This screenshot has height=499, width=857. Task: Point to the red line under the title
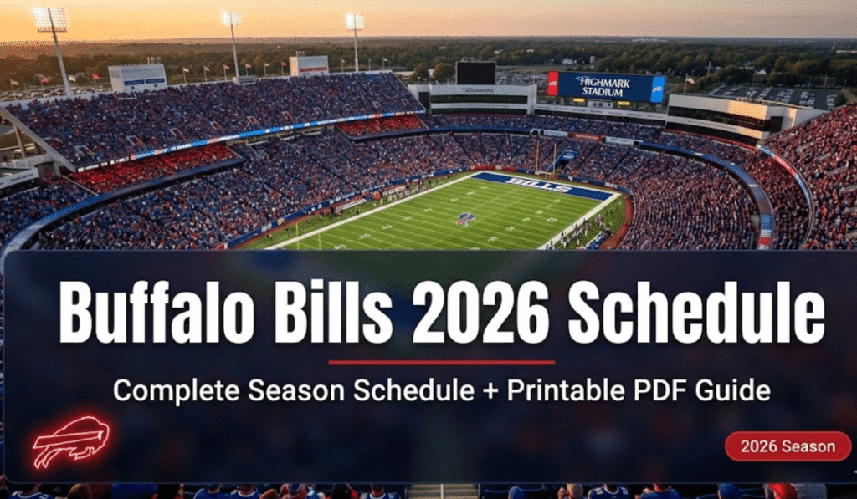pos(441,363)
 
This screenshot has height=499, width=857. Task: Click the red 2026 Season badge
pos(788,446)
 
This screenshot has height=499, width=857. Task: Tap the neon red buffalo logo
pos(70,441)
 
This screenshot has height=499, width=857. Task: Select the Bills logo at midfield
pos(464,219)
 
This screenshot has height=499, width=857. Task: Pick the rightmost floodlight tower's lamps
pos(355,22)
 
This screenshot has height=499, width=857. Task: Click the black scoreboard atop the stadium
pos(475,73)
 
